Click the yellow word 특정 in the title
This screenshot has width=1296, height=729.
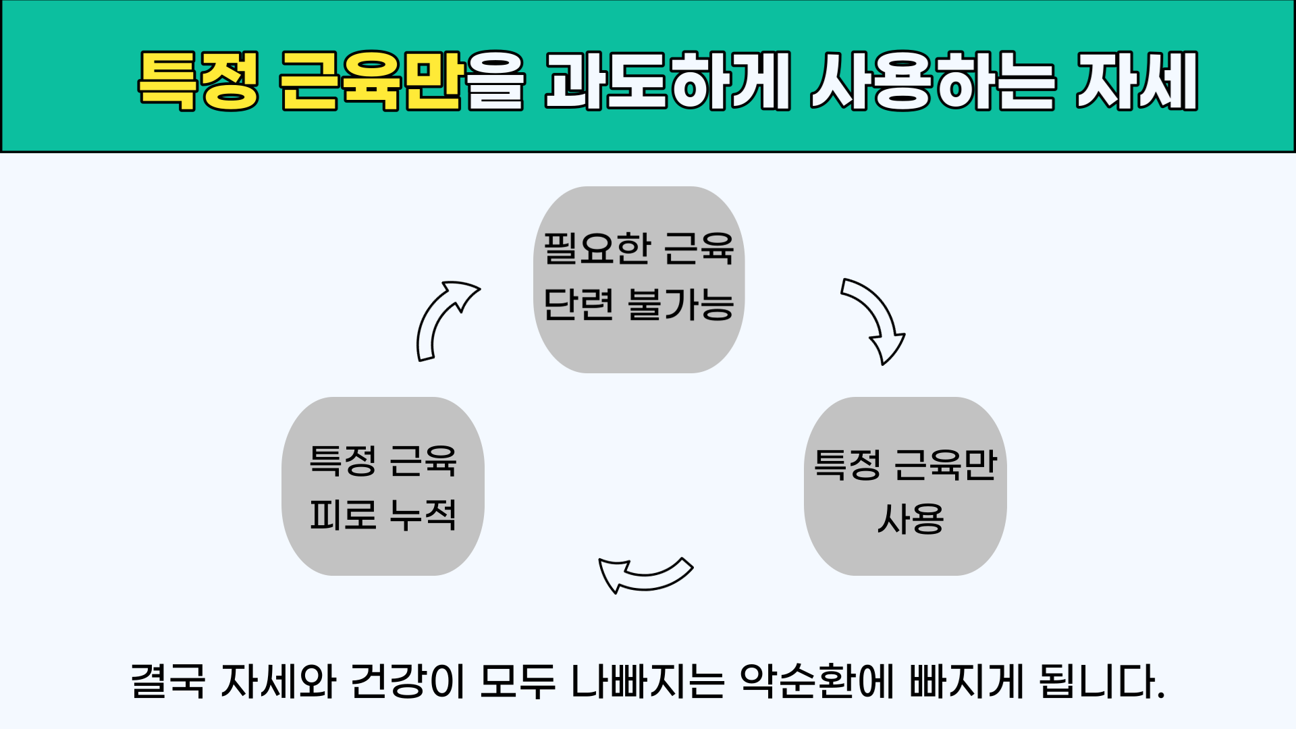[x=198, y=80]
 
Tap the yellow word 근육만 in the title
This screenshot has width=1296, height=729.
[x=371, y=80]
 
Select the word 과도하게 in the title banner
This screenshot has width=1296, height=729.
[x=668, y=80]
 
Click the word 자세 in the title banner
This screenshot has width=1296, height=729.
[x=1137, y=80]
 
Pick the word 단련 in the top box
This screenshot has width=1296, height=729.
[x=578, y=304]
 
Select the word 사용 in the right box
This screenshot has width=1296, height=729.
[x=911, y=519]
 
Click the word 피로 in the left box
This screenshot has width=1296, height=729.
[x=343, y=514]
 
